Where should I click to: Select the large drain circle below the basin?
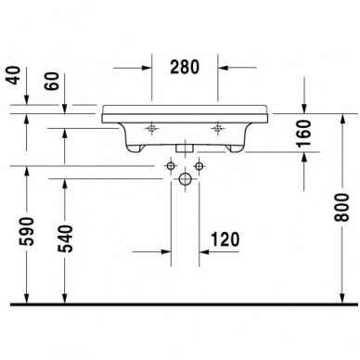(x=184, y=179)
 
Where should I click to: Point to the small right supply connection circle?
(x=199, y=165)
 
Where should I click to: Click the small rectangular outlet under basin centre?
(x=184, y=147)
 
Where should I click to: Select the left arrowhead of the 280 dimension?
(x=148, y=67)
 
